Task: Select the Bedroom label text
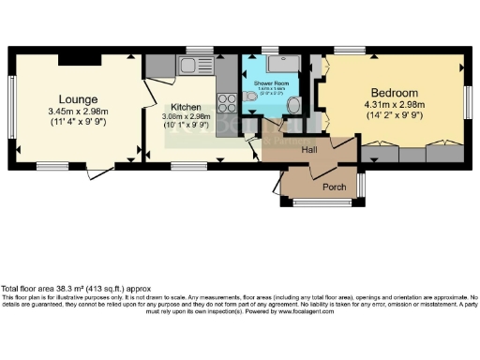point(393,93)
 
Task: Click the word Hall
point(309,149)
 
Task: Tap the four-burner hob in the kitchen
point(226,98)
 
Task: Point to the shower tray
point(279,64)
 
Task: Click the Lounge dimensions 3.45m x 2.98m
point(79,112)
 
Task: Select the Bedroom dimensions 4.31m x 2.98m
point(393,106)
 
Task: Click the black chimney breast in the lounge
point(72,60)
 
